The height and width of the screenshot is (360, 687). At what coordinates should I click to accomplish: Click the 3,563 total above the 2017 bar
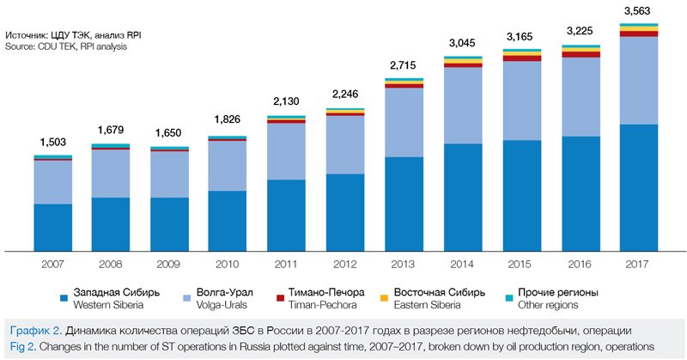click(637, 11)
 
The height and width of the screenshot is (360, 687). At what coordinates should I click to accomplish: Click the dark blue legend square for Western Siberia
click(64, 297)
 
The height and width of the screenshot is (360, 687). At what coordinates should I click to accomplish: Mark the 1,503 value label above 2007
click(53, 143)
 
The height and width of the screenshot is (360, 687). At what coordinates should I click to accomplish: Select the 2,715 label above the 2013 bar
click(403, 65)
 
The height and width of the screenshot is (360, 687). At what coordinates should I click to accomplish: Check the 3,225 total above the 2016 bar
click(578, 29)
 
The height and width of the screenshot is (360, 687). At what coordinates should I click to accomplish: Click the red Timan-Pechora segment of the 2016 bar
click(578, 54)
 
